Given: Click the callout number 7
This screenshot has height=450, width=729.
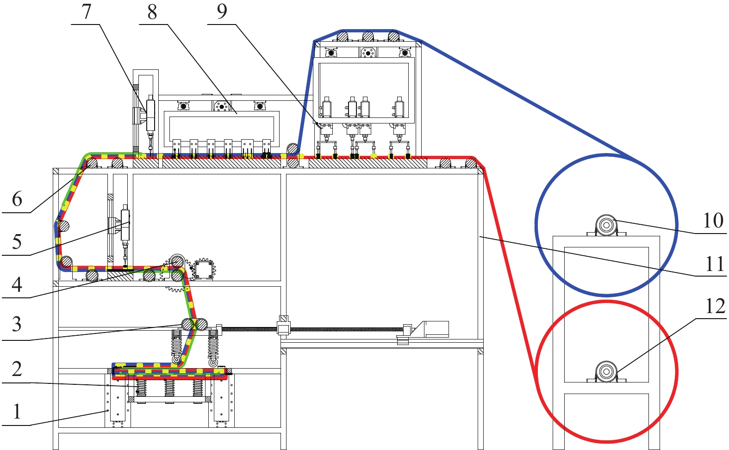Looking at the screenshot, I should tap(87, 12).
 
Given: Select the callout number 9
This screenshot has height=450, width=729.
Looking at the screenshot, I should tap(222, 12).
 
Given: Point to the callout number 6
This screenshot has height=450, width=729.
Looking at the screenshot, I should tap(17, 199).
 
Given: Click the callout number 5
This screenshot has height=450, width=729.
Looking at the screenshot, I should tap(17, 242).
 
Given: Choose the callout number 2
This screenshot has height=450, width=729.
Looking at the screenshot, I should tap(17, 369).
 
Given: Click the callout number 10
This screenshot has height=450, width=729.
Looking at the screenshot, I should tap(713, 221).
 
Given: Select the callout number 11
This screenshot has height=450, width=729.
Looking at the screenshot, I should tap(715, 264).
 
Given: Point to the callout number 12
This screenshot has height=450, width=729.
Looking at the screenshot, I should tap(715, 306).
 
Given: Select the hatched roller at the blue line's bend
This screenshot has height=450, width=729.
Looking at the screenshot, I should tap(293, 149).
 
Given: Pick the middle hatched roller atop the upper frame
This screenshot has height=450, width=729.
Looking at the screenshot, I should tap(368, 36).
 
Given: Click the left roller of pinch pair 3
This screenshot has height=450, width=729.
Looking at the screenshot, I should tap(187, 324).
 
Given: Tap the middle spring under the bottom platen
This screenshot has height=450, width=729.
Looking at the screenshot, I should tap(169, 388).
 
